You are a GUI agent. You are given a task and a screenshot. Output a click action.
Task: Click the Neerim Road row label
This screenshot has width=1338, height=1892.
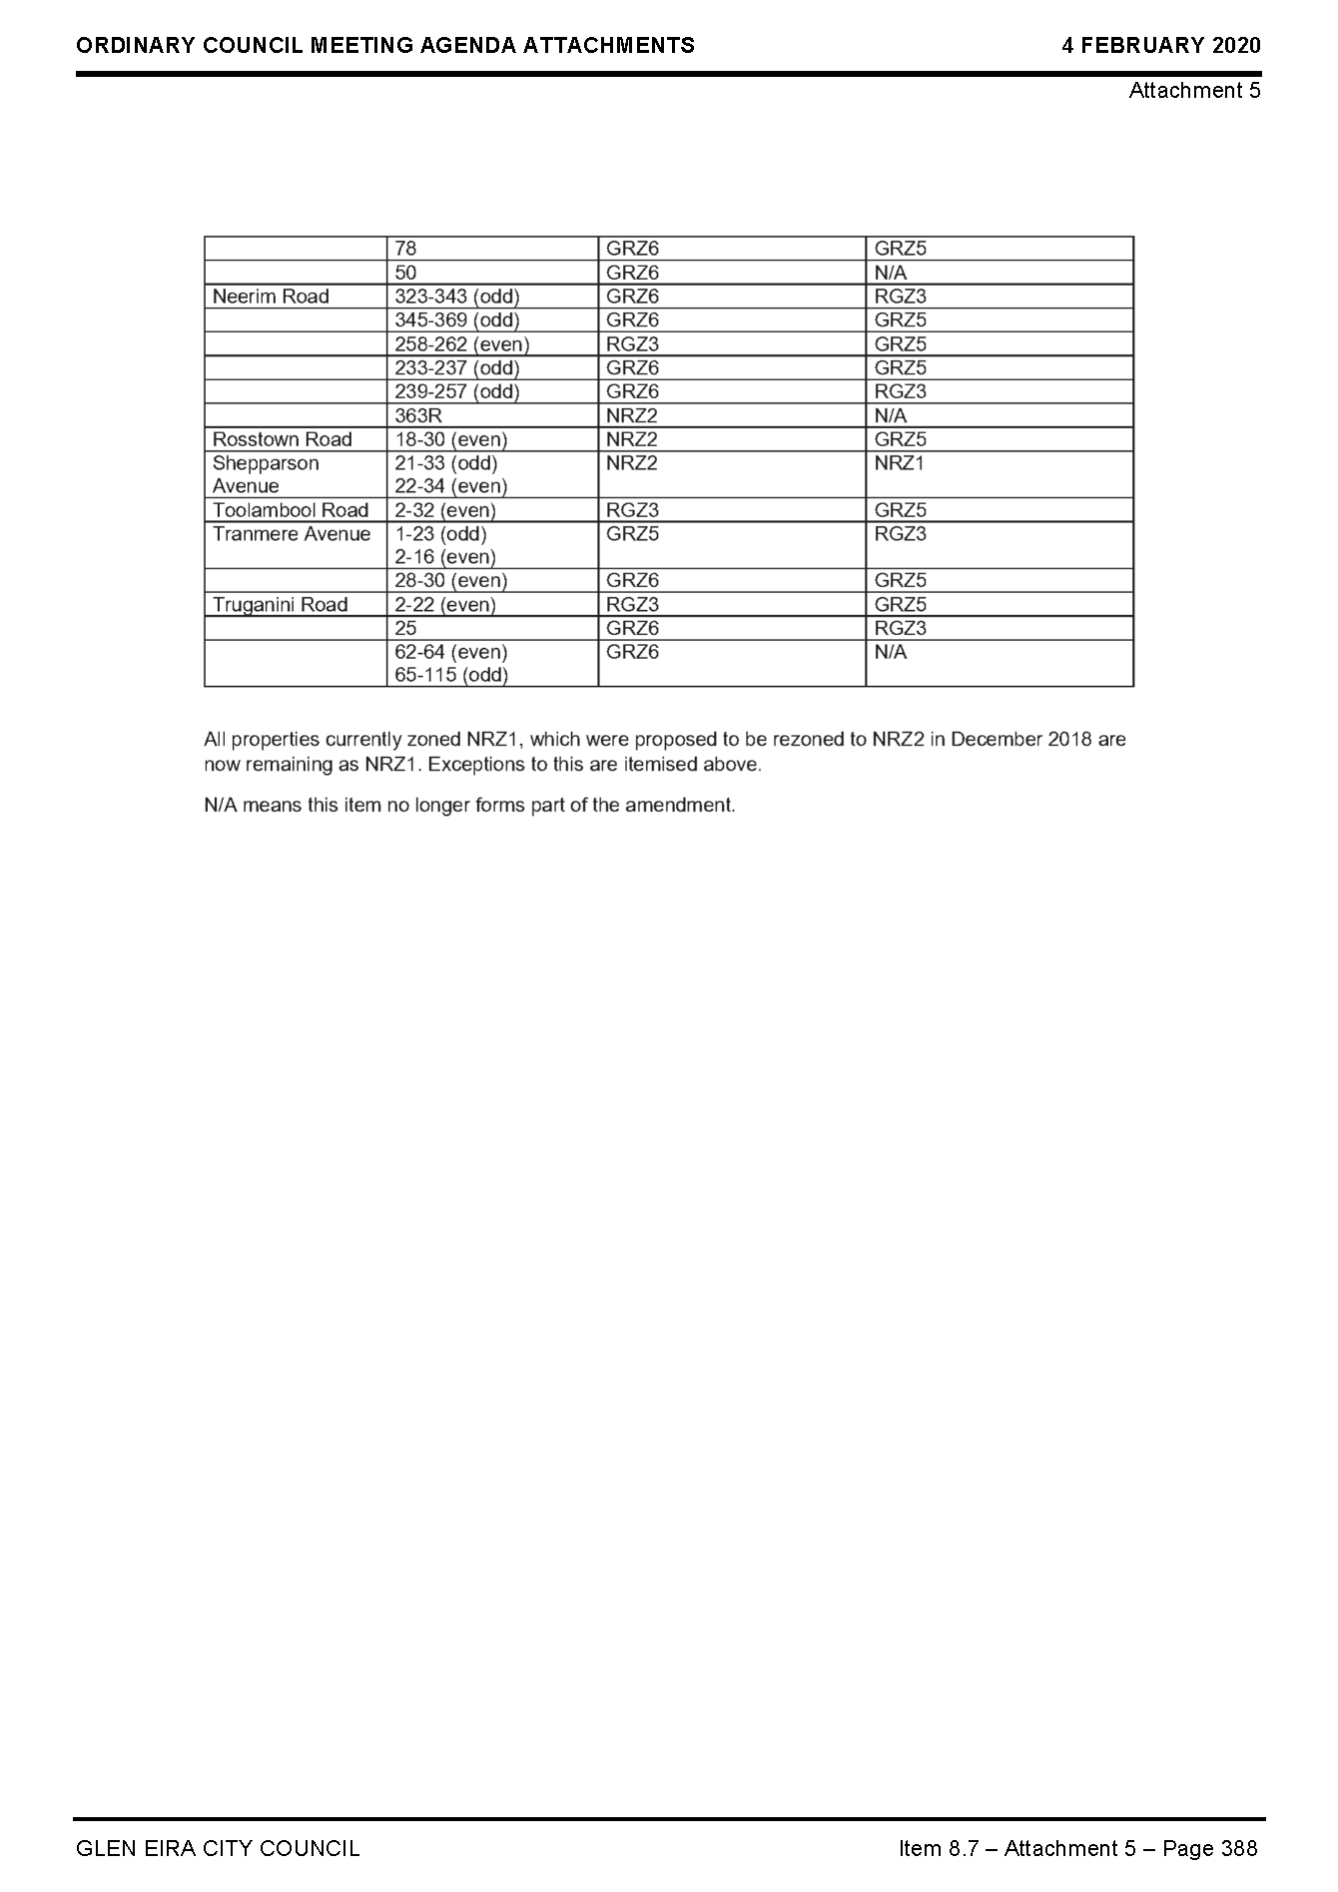click(271, 297)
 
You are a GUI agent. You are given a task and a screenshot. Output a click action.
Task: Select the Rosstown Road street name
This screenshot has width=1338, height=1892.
click(282, 439)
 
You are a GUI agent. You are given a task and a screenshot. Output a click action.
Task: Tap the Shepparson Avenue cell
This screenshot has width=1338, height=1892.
click(266, 474)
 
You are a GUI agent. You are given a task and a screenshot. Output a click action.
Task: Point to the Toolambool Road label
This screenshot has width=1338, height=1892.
click(291, 510)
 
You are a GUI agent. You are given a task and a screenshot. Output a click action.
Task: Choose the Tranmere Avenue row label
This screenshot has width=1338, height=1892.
click(292, 534)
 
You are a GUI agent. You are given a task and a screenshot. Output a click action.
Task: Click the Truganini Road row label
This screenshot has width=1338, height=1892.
click(280, 605)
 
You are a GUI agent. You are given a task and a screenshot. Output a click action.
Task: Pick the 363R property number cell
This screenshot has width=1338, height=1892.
click(418, 415)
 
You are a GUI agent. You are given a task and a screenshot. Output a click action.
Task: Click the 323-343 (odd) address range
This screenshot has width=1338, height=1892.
click(457, 297)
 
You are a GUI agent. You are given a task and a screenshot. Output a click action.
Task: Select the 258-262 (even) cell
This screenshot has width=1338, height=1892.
click(461, 344)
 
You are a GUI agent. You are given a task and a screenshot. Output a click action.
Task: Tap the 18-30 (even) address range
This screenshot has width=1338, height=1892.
click(450, 439)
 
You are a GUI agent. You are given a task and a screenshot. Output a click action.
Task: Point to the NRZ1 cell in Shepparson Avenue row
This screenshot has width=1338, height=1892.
click(900, 463)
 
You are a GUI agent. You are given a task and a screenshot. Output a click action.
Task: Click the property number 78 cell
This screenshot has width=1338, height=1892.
click(405, 249)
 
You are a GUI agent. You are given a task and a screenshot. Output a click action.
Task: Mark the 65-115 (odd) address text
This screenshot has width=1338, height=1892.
click(451, 676)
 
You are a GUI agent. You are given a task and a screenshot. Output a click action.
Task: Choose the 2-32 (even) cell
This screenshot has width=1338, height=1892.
click(444, 510)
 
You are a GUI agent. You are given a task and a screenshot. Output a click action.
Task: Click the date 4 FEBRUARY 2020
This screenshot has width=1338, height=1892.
click(1160, 46)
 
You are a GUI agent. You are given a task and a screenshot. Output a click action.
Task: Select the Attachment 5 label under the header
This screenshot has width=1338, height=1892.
click(1194, 91)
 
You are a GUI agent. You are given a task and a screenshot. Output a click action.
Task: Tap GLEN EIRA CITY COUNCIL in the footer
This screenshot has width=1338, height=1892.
click(218, 1849)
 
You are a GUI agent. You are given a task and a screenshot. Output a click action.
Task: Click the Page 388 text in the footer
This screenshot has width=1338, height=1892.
click(1210, 1849)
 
